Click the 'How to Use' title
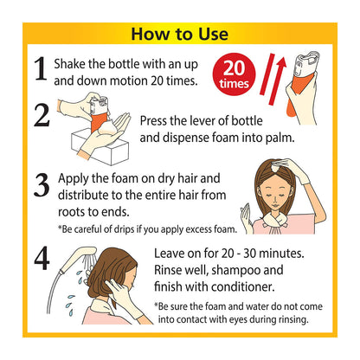click(x=180, y=34)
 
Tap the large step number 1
click(x=41, y=68)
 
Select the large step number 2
click(x=42, y=115)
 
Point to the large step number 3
click(x=42, y=185)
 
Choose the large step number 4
click(x=42, y=258)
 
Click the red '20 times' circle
click(x=234, y=74)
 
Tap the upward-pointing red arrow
click(x=278, y=80)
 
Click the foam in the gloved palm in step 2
click(x=106, y=128)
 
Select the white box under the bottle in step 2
click(x=100, y=147)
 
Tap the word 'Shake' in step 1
click(x=70, y=64)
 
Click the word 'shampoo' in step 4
click(x=235, y=271)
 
